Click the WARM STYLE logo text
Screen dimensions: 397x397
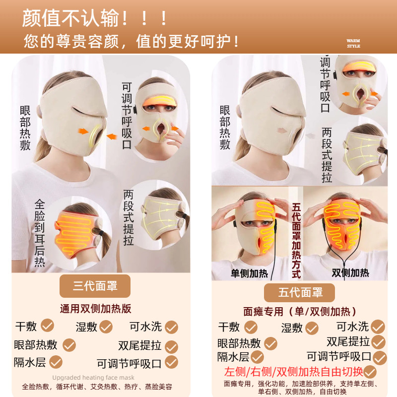(353, 43)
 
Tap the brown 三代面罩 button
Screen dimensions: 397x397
(95, 286)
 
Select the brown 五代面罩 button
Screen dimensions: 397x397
(299, 292)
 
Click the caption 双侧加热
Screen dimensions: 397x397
(350, 272)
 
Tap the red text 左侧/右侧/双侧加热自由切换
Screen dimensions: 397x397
(294, 372)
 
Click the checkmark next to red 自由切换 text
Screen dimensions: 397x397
(370, 372)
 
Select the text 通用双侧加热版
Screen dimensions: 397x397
(95, 309)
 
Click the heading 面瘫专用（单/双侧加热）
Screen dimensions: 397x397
(299, 312)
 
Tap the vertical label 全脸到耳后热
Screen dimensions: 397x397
(40, 233)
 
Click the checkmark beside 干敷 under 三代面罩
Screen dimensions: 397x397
(47, 326)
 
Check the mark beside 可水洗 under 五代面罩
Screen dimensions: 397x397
(378, 326)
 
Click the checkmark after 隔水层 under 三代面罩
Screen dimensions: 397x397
(56, 362)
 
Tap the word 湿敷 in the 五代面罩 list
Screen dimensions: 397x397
(292, 328)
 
